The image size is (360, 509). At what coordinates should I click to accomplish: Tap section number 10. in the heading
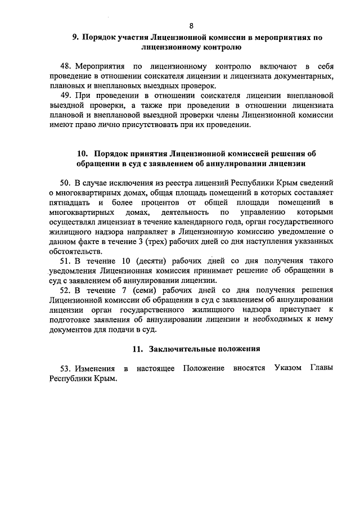pyautogui.click(x=82, y=153)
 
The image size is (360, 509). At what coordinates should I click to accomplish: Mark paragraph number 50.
pyautogui.click(x=65, y=183)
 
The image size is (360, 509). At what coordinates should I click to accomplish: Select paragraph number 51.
pyautogui.click(x=65, y=261)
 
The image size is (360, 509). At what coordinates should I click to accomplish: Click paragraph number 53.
pyautogui.click(x=65, y=368)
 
